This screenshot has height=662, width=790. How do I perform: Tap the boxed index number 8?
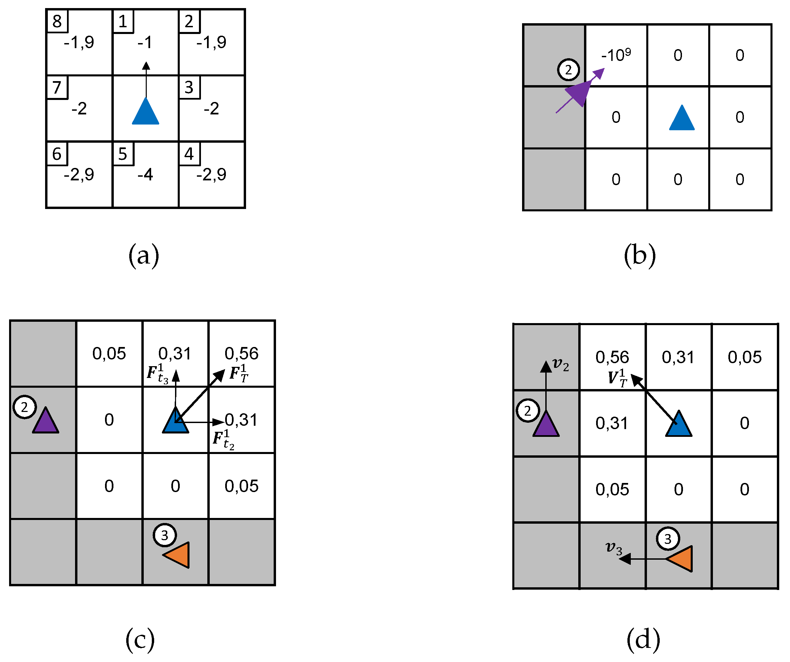(x=57, y=22)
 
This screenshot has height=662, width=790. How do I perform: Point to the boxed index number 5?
(x=123, y=154)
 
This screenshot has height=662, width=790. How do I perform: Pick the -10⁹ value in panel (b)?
(x=616, y=55)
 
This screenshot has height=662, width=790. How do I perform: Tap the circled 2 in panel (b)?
(x=568, y=70)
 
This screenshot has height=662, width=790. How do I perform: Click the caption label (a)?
(x=144, y=255)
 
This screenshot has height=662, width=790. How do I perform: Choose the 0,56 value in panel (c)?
(x=242, y=353)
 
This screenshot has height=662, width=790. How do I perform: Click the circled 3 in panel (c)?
(x=164, y=535)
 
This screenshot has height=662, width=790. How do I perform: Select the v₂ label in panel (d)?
(x=560, y=364)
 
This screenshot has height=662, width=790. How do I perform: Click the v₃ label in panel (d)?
(x=614, y=548)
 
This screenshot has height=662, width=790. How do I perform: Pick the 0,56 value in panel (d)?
(x=612, y=357)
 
